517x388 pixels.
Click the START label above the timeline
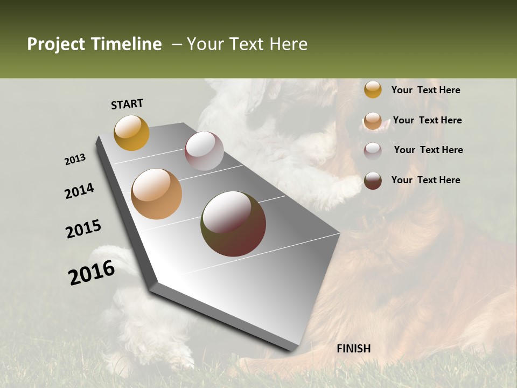[127, 104]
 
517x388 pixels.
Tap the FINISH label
[353, 349]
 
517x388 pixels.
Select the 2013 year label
[75, 160]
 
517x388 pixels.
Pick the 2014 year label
[80, 191]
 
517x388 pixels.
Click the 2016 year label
[92, 273]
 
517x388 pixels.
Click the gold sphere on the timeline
[131, 133]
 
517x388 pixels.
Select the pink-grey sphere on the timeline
[204, 151]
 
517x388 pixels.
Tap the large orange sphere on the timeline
[156, 194]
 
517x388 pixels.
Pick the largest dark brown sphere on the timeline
[233, 224]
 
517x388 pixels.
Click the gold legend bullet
[373, 89]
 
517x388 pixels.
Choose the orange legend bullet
[373, 121]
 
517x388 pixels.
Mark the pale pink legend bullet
[373, 151]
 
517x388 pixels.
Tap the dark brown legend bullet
[373, 181]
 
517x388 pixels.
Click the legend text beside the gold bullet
[425, 91]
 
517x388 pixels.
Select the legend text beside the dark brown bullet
[425, 180]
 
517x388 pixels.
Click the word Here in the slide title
[288, 44]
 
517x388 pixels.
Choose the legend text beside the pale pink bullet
[428, 150]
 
